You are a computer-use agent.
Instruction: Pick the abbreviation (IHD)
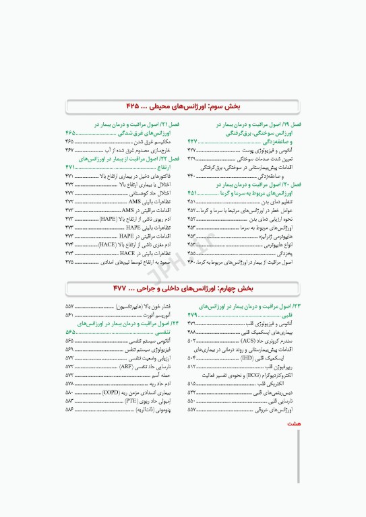[254, 358]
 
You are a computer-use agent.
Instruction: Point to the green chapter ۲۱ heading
[134, 125]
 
